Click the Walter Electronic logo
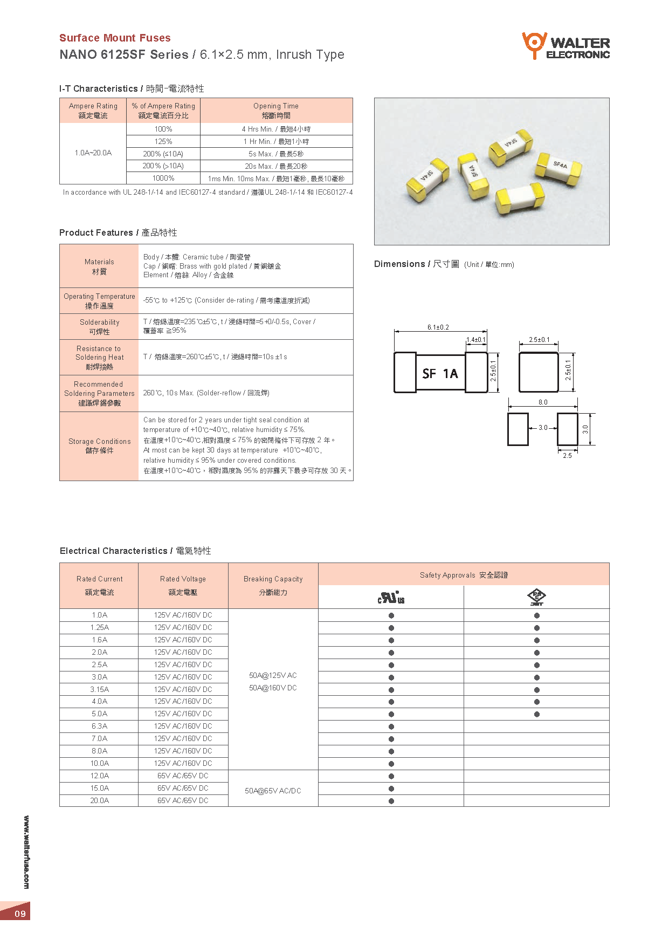(x=565, y=46)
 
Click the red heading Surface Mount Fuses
(x=115, y=38)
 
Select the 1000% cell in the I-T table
(x=163, y=179)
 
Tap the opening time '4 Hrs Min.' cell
(x=276, y=129)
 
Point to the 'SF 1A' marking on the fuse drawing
(x=440, y=374)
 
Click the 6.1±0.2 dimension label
(x=438, y=327)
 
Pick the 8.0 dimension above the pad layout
(x=543, y=402)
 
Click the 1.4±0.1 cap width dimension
(x=476, y=340)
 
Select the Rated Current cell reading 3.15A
(x=99, y=689)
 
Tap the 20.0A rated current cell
(x=99, y=801)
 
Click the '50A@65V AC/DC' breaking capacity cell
(x=273, y=791)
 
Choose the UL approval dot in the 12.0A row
(x=391, y=777)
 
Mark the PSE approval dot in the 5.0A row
(x=537, y=714)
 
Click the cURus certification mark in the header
(x=391, y=598)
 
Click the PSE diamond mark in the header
(x=536, y=597)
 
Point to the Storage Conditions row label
(x=99, y=446)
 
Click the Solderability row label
(x=99, y=327)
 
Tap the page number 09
(x=20, y=914)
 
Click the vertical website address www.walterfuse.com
(x=26, y=852)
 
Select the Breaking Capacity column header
(x=273, y=585)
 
